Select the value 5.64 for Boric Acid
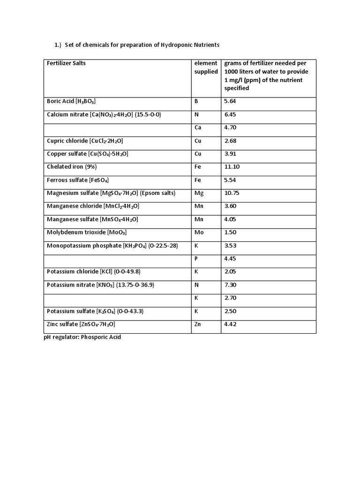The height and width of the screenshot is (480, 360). click(230, 101)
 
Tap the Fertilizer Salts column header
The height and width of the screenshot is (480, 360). click(66, 63)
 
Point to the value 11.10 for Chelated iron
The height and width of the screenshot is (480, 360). click(232, 167)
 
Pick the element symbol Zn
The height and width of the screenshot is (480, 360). click(198, 324)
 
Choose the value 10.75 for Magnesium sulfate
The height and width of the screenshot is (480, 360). click(232, 193)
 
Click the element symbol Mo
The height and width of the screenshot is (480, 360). click(199, 232)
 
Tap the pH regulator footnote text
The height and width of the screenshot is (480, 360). click(82, 337)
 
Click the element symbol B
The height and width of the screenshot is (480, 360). click(196, 101)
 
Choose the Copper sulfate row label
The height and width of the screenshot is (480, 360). click(88, 154)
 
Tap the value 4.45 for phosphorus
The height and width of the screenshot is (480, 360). click(230, 259)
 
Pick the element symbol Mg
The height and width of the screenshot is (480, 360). click(199, 193)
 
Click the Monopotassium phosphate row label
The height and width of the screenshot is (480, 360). click(112, 246)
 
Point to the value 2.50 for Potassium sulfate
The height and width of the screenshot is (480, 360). click(230, 311)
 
